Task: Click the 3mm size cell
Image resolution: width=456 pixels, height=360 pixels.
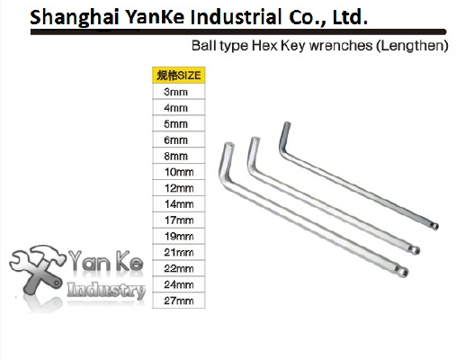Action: tap(179, 92)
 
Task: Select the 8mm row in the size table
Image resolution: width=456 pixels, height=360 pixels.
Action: tap(179, 156)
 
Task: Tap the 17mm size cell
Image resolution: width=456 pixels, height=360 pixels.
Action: tap(179, 220)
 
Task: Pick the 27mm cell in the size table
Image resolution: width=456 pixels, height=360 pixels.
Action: tap(179, 301)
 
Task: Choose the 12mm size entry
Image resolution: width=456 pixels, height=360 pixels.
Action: tap(179, 188)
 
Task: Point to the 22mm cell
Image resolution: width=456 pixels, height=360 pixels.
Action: tap(179, 268)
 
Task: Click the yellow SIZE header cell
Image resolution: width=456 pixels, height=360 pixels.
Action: tap(179, 75)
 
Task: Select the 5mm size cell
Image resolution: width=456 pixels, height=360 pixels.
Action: tap(179, 123)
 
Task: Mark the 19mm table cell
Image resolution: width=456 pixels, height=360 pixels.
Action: tap(179, 236)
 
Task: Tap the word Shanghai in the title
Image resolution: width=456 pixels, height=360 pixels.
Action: tap(75, 17)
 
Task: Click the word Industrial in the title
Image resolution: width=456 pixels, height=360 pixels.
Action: tap(236, 16)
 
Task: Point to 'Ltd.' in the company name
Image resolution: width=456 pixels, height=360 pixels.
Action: tap(350, 16)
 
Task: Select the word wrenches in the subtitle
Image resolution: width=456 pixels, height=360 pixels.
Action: tap(341, 46)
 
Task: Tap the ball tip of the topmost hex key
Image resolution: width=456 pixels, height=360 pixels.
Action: tap(435, 226)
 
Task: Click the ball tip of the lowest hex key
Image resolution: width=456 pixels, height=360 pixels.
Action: tap(404, 272)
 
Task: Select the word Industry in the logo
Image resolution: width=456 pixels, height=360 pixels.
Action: tap(106, 290)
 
